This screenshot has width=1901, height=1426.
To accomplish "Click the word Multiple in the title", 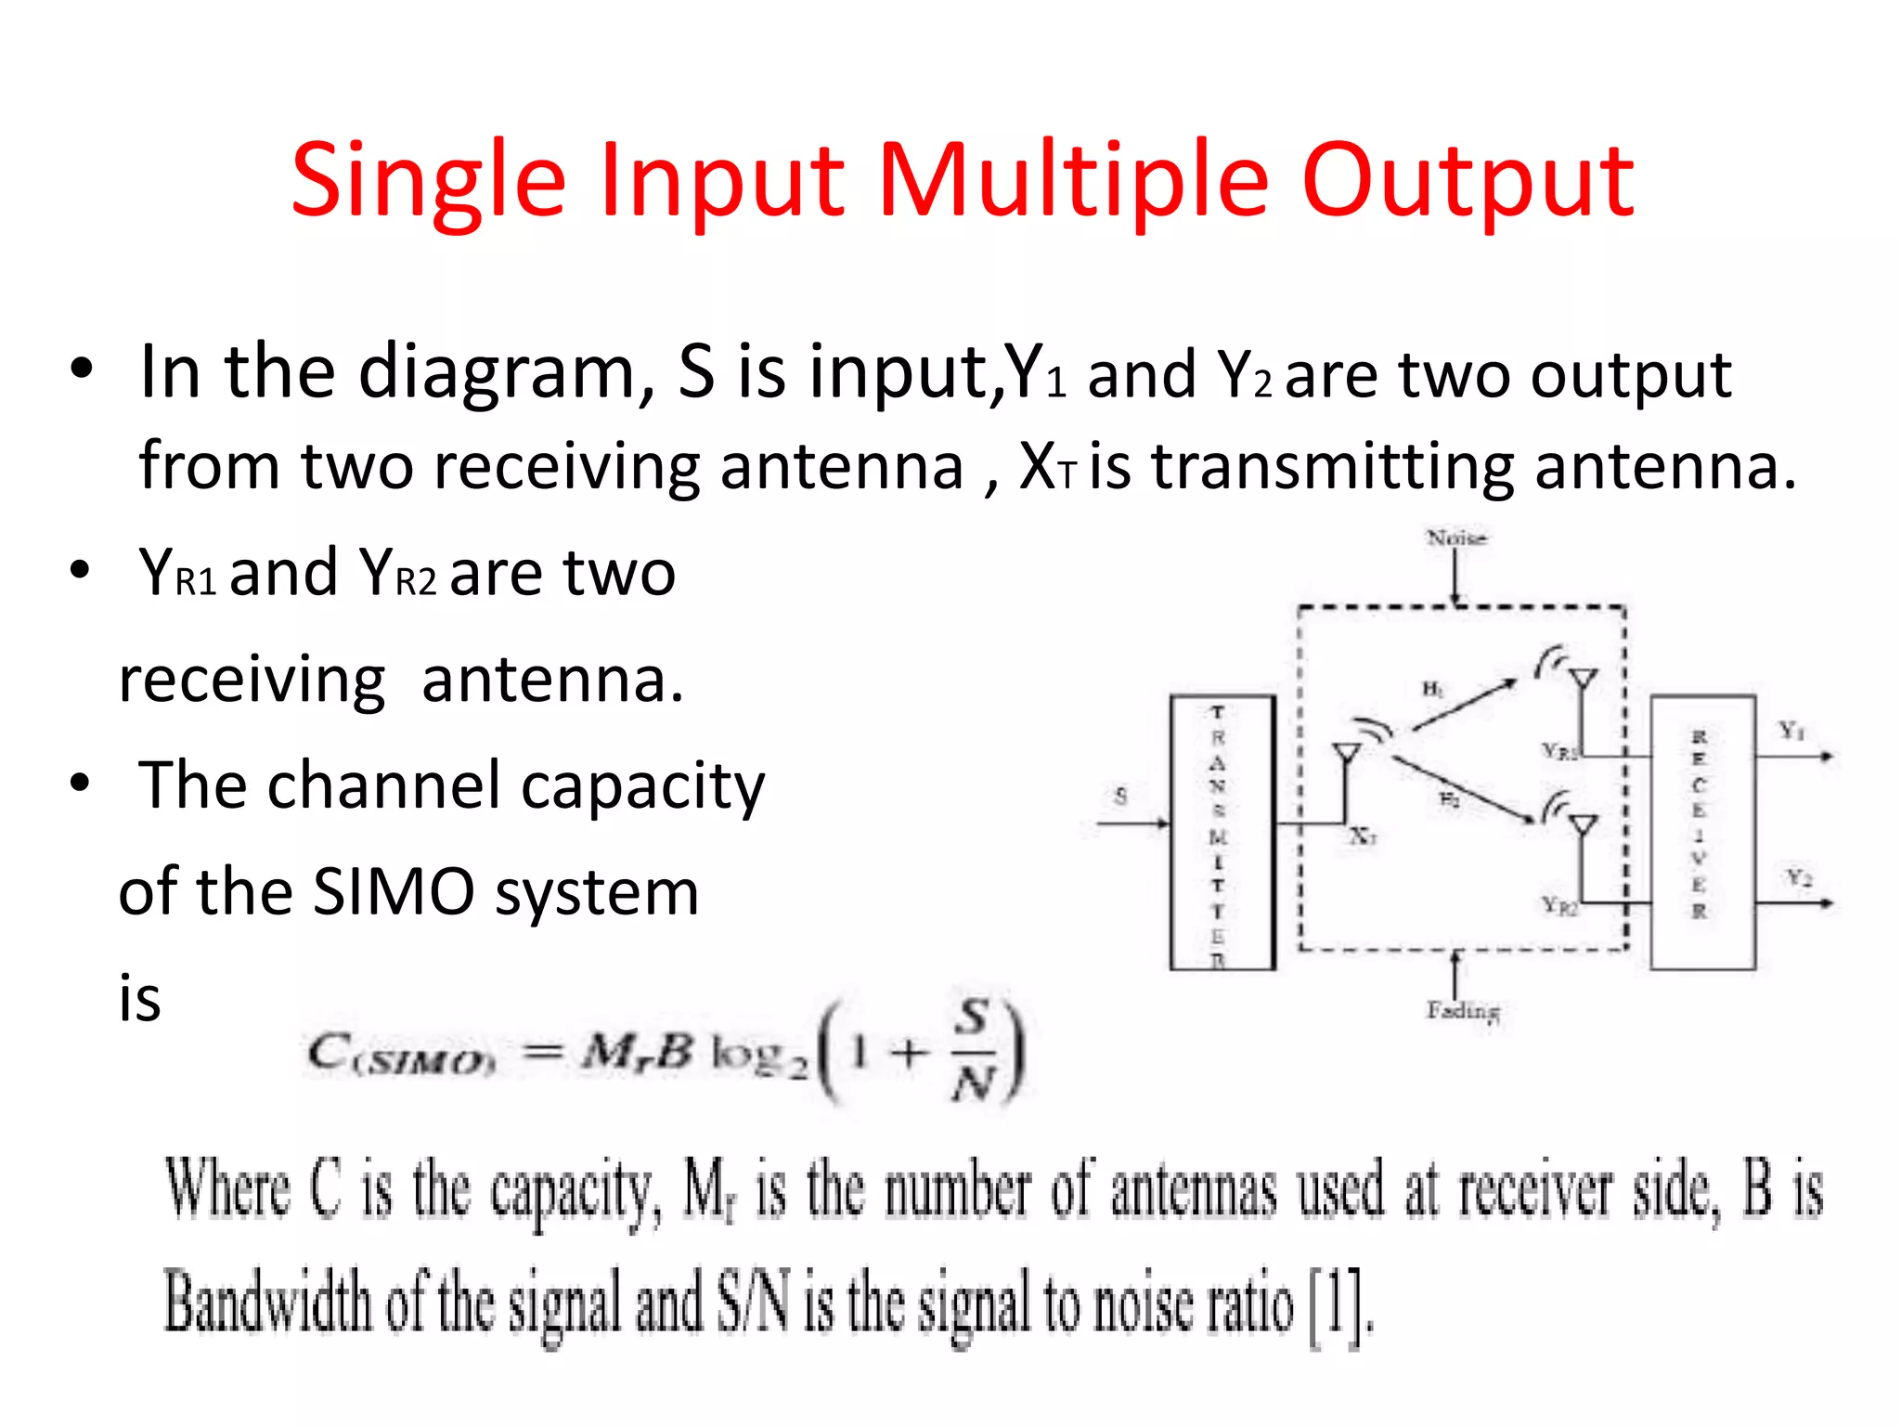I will pyautogui.click(x=1072, y=182).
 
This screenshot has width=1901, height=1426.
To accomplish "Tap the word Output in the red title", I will pyautogui.click(x=1468, y=182).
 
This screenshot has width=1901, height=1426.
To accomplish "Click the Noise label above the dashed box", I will pyautogui.click(x=1456, y=538).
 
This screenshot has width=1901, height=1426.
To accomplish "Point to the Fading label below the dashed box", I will pyautogui.click(x=1463, y=1010).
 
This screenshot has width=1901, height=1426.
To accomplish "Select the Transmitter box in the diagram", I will pyautogui.click(x=1222, y=832).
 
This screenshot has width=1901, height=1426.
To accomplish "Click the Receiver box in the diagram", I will pyautogui.click(x=1702, y=832).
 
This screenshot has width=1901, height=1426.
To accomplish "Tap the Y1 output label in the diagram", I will pyautogui.click(x=1791, y=731).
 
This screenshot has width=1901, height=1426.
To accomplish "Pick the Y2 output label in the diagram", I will pyautogui.click(x=1799, y=877).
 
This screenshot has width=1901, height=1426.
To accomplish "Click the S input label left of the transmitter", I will pyautogui.click(x=1120, y=796).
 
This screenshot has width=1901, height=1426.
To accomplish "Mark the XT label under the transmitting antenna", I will pyautogui.click(x=1363, y=836).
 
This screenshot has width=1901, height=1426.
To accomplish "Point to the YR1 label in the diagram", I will pyautogui.click(x=1559, y=751).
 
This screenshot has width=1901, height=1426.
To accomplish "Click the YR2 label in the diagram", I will pyautogui.click(x=1559, y=905).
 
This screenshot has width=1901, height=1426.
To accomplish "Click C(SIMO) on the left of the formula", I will pyautogui.click(x=399, y=1055).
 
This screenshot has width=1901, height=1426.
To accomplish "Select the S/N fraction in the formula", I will pyautogui.click(x=972, y=1050).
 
